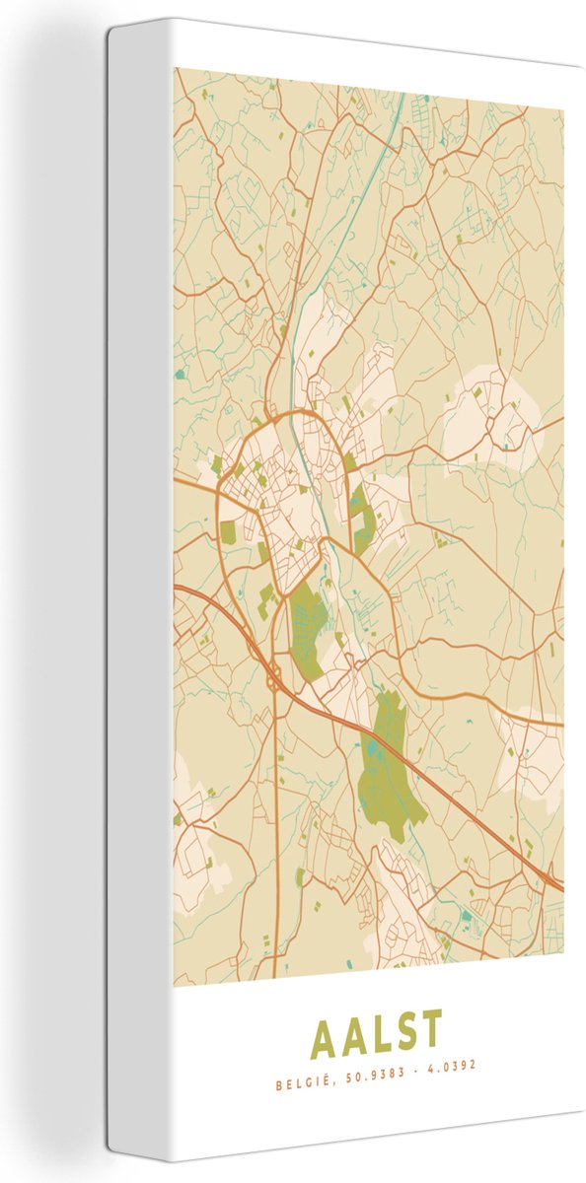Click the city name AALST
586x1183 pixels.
click(x=375, y=1032)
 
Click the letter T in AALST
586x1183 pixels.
click(x=430, y=1032)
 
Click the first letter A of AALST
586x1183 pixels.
click(x=324, y=1033)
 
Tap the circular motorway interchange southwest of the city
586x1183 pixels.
click(x=271, y=679)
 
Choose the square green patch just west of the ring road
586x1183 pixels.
click(x=229, y=532)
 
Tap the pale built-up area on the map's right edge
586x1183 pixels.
click(x=533, y=749)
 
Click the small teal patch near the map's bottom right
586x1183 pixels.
click(x=465, y=916)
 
